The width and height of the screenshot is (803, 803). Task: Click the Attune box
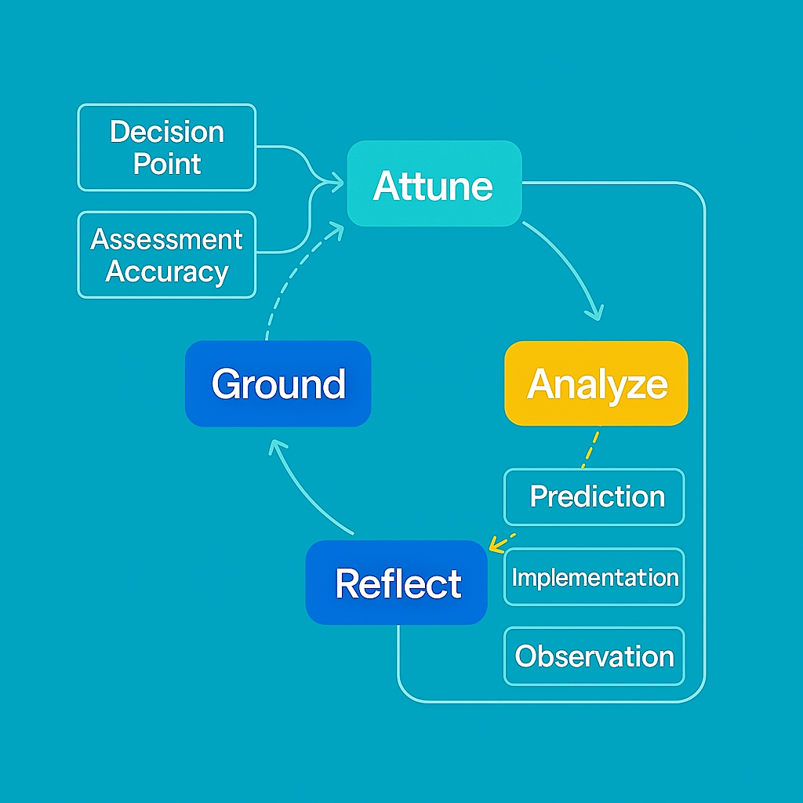434,184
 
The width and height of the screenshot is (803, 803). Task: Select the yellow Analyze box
596,383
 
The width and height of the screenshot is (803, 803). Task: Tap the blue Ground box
278,383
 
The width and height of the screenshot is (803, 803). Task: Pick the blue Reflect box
397,583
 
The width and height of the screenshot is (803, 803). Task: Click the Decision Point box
166,147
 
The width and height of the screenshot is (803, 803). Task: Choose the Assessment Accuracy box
166,255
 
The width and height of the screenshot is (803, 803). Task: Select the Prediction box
594,496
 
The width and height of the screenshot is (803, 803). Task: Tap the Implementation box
594,577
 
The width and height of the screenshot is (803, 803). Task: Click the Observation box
594,656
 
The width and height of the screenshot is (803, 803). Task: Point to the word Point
166,164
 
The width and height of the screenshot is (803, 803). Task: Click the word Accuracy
166,271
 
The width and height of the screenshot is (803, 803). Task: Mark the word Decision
166,131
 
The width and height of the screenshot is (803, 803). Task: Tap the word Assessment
166,238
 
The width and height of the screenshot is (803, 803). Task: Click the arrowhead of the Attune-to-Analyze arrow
597,314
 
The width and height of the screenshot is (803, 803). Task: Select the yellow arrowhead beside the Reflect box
494,545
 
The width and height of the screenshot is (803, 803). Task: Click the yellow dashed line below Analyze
590,448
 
